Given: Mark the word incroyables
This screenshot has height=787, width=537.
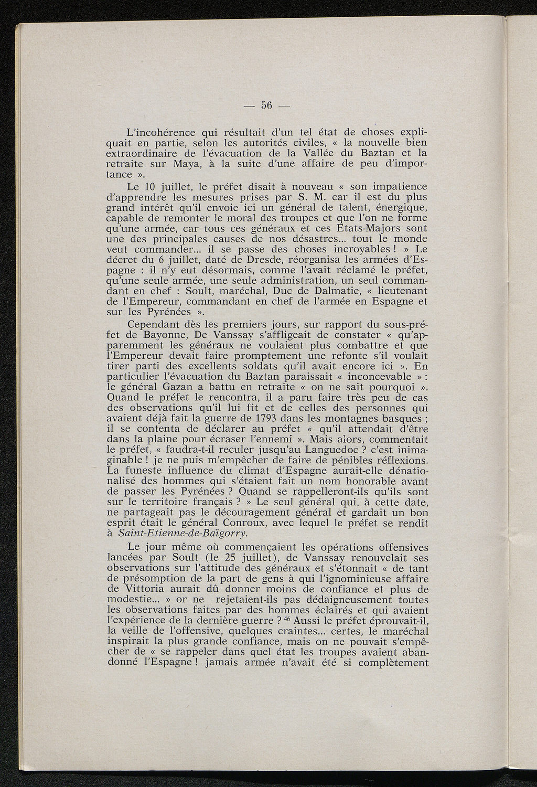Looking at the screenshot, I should pos(355,249).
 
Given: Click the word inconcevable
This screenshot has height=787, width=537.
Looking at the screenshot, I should pos(364,377).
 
